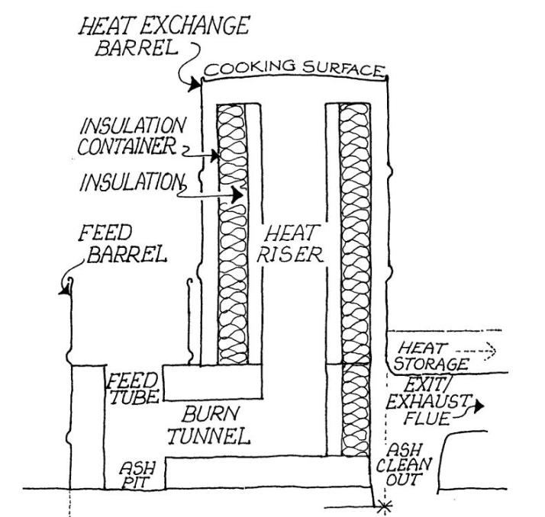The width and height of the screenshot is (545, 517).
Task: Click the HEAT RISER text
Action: click(x=291, y=243)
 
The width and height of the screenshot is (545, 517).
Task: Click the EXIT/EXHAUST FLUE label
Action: click(x=433, y=401)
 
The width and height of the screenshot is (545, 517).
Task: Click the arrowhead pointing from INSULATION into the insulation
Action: click(x=239, y=195)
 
